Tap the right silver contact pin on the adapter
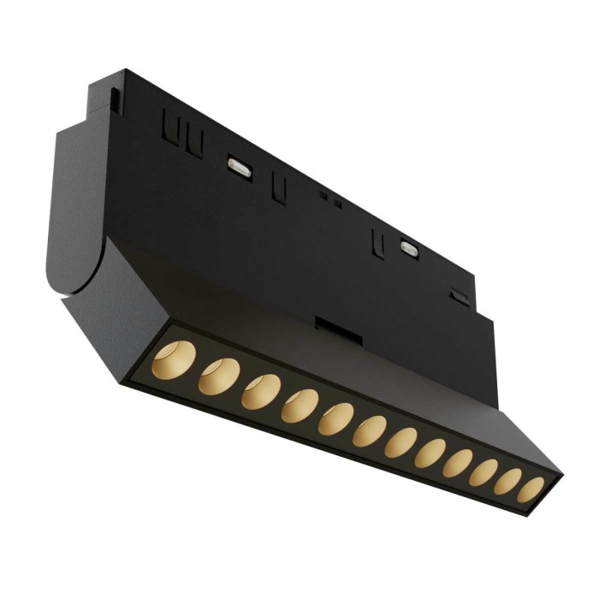(x=408, y=249)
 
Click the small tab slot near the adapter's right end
(x=460, y=296)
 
